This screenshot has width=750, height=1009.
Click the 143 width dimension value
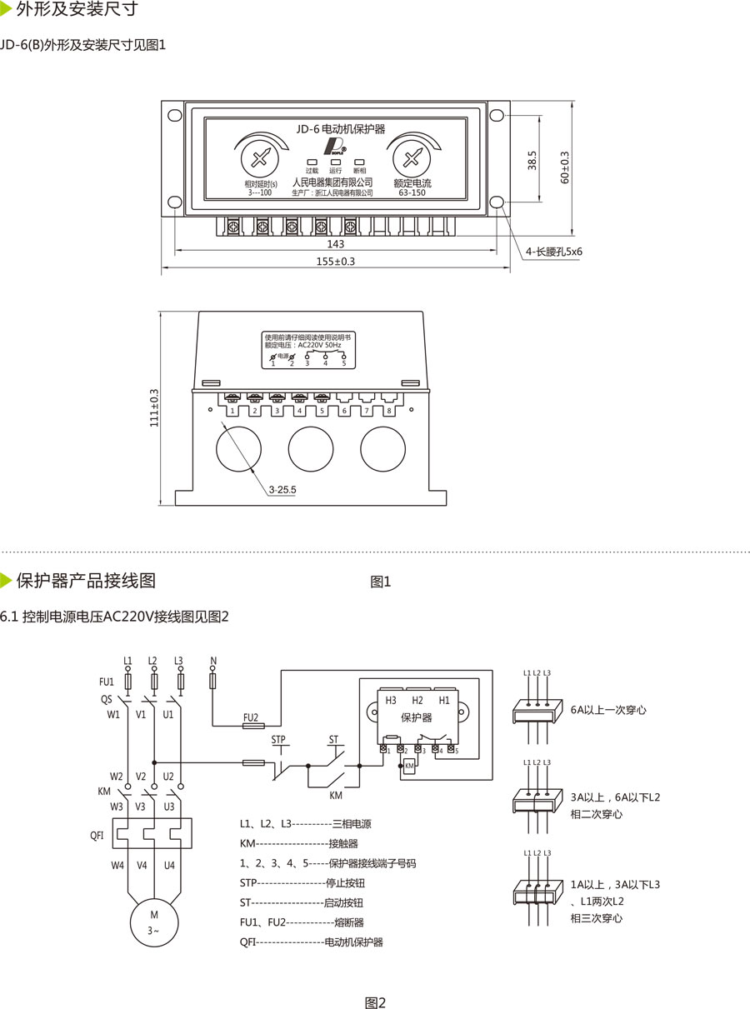335,244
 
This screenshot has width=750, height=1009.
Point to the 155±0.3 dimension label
335,262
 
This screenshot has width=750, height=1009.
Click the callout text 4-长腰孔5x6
553,251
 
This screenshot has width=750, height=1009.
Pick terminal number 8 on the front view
388,412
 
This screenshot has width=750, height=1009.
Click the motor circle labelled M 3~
153,922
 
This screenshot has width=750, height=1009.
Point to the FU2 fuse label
250,717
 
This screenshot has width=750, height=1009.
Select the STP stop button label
279,740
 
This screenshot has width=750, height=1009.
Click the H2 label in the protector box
417,700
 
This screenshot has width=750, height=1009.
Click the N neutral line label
213,661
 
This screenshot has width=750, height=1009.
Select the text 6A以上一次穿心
608,710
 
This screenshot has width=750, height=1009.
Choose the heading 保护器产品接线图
85,580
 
